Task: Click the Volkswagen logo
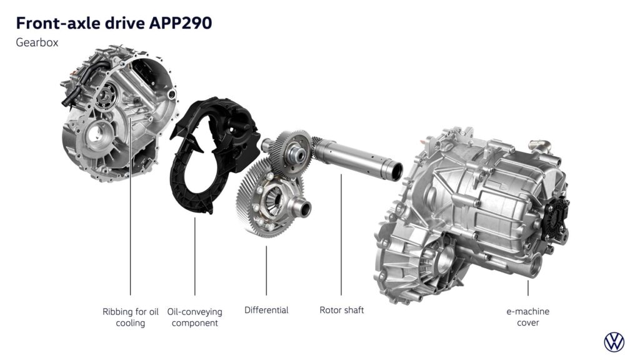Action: coord(614,342)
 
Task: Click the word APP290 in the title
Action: coord(181,23)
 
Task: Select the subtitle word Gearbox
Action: coord(37,42)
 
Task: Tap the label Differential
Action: coord(266,310)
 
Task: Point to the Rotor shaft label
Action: coord(342,310)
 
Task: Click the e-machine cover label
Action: coord(527,317)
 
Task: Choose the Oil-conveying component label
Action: coord(195,317)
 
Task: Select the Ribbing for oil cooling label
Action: coord(130,317)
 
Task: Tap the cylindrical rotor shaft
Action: coord(357,157)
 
